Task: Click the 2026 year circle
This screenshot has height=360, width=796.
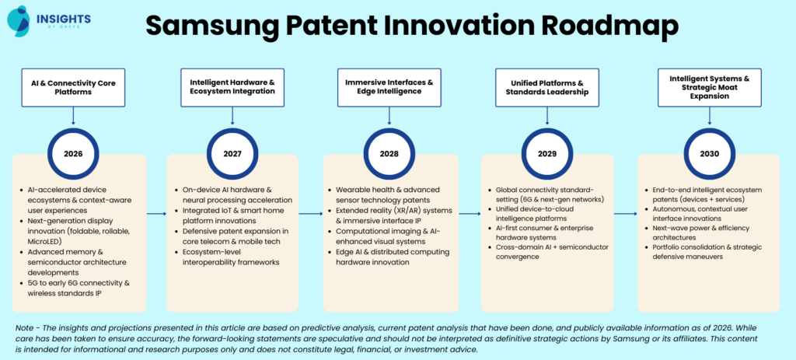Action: (x=73, y=153)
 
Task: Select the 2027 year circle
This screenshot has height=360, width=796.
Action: (x=231, y=153)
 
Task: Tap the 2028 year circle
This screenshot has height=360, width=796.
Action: (x=388, y=153)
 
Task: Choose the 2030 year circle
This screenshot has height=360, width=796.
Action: (x=708, y=153)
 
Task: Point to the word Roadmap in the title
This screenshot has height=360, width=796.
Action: (x=604, y=26)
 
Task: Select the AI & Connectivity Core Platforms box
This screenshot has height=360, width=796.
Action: (x=73, y=86)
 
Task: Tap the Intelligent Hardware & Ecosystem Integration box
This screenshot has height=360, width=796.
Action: (x=232, y=86)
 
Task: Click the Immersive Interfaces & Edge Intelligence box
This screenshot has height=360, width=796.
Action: (x=388, y=86)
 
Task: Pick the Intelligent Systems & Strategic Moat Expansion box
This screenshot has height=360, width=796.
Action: (x=708, y=86)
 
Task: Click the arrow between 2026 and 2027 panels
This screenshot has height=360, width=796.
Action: (x=156, y=213)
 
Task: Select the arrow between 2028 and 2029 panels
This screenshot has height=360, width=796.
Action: (x=470, y=213)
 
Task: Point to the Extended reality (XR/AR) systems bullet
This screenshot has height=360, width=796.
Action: (x=392, y=214)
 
